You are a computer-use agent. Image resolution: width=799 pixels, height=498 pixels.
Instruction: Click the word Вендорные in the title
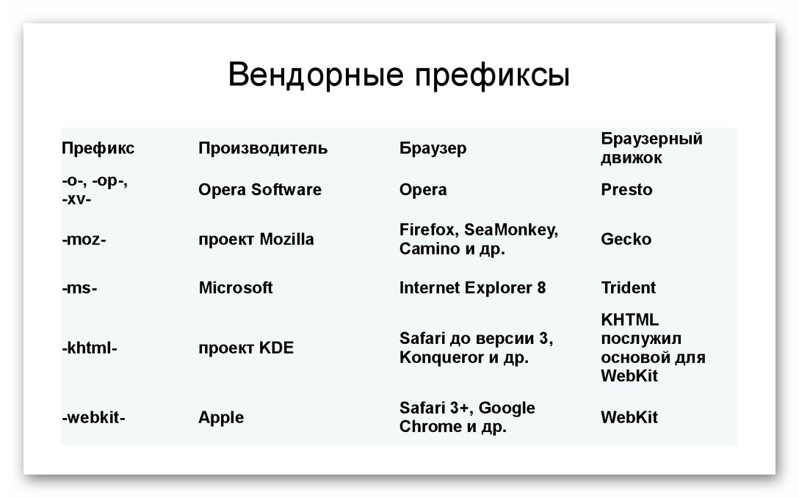[316, 75]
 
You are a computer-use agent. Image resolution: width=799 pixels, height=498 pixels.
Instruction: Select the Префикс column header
[98, 148]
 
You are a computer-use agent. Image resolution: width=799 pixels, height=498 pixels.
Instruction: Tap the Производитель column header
[263, 148]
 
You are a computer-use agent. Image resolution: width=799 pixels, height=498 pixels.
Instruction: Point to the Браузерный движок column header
[651, 148]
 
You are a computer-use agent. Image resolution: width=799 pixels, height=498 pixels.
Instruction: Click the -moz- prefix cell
[84, 239]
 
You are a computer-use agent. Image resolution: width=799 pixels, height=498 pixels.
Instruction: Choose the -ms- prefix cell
[79, 288]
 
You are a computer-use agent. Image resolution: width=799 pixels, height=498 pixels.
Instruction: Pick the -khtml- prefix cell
[90, 348]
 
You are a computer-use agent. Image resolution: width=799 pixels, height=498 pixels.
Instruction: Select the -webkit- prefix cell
[94, 417]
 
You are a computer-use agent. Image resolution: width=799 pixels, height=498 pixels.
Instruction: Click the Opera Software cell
[260, 190]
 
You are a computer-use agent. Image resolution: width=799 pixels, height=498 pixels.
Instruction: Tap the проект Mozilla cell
[256, 239]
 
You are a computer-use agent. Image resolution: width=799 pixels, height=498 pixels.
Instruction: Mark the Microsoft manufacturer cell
[236, 288]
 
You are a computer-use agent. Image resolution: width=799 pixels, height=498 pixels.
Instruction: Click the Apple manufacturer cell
[221, 417]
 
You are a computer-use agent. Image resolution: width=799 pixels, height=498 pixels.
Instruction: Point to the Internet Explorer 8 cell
[473, 288]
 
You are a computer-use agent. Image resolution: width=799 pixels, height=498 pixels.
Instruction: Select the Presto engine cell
[626, 190]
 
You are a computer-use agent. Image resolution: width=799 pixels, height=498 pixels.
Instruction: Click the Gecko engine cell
[626, 239]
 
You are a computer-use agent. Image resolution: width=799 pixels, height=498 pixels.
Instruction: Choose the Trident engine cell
[629, 288]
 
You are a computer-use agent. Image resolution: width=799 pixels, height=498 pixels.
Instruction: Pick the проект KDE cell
[246, 348]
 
